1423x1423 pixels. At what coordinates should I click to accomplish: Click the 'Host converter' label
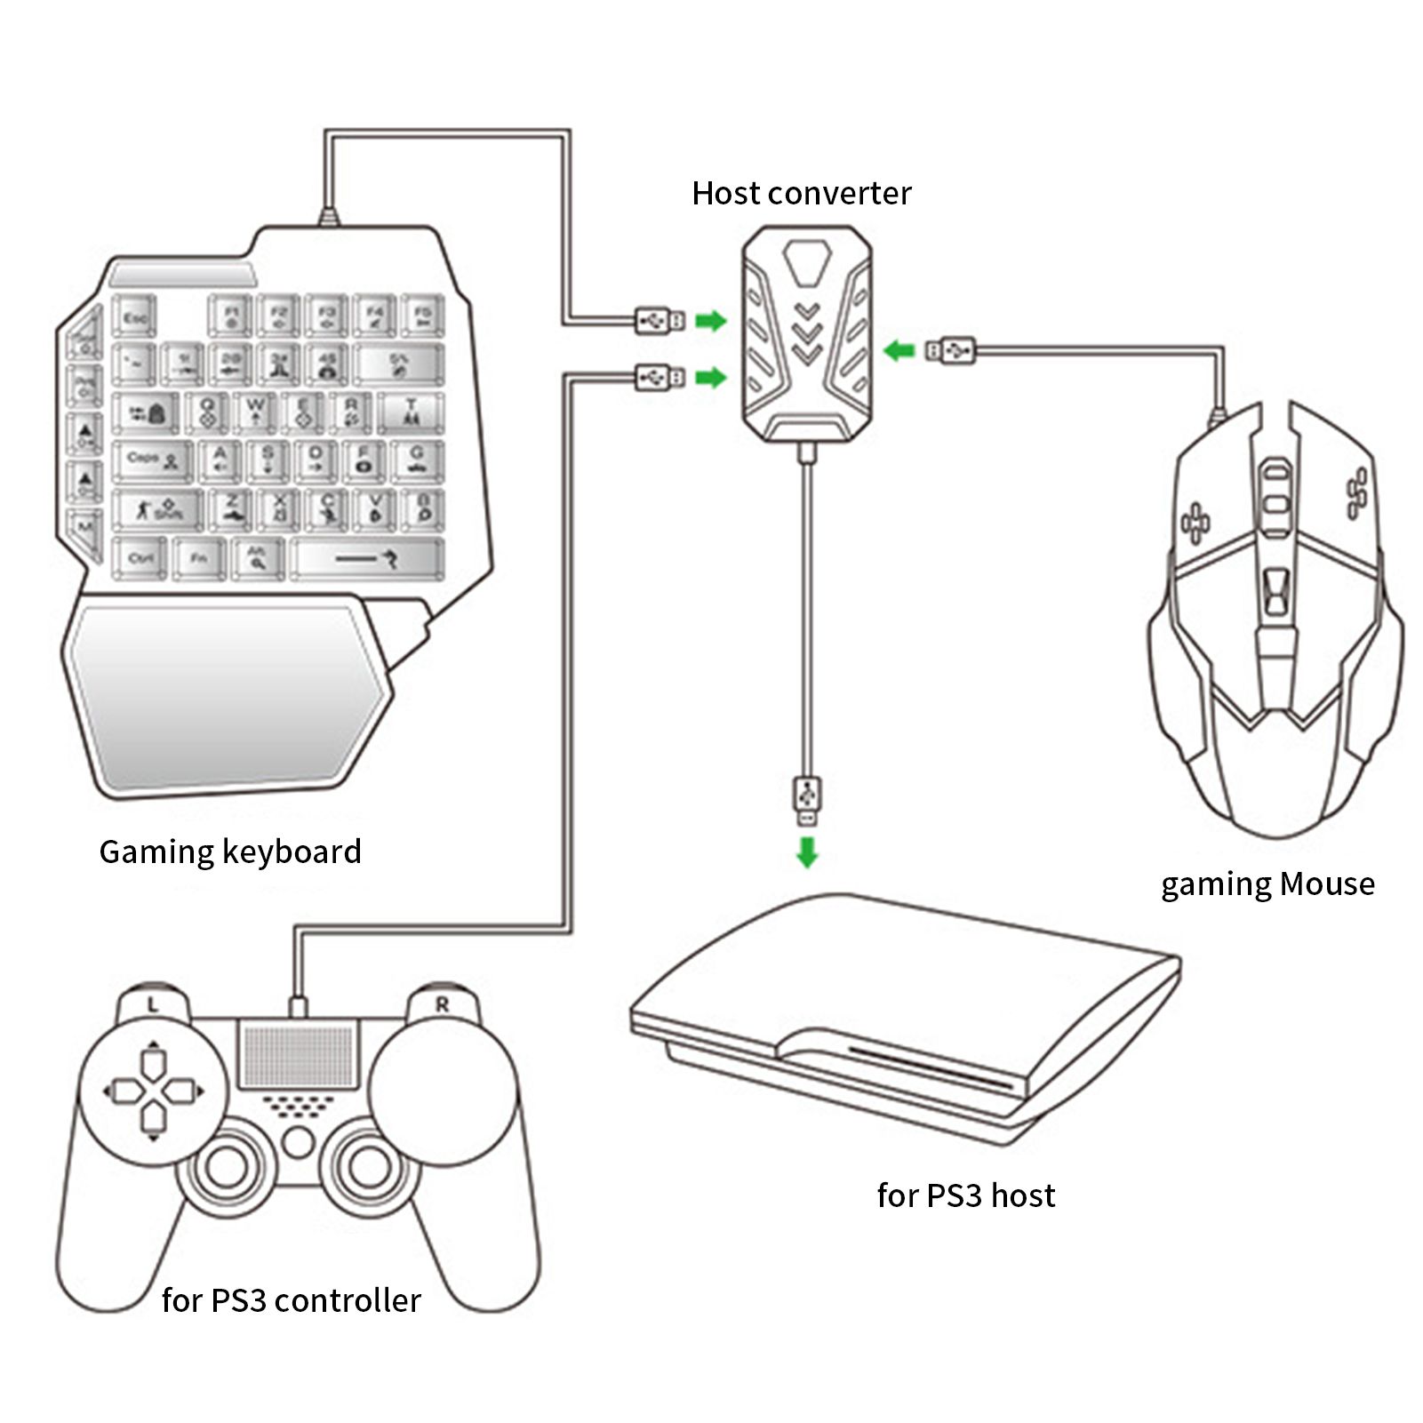[801, 193]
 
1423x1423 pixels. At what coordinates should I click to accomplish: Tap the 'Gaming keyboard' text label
[230, 851]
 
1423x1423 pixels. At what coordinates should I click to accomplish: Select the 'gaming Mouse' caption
[1267, 883]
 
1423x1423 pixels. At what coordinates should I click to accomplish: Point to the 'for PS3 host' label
[965, 1195]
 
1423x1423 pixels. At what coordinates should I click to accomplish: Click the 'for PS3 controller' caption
[291, 1300]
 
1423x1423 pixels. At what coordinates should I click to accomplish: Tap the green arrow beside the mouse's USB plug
[899, 350]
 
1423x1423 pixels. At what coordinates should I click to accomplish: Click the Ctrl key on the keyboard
[140, 558]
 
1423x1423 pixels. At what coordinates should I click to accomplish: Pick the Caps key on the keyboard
[151, 460]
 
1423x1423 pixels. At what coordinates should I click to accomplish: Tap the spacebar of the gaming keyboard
[367, 558]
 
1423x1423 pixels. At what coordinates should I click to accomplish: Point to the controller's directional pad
[153, 1091]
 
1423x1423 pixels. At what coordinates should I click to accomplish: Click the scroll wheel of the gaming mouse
[1277, 486]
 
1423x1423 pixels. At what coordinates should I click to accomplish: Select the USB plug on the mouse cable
[951, 350]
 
